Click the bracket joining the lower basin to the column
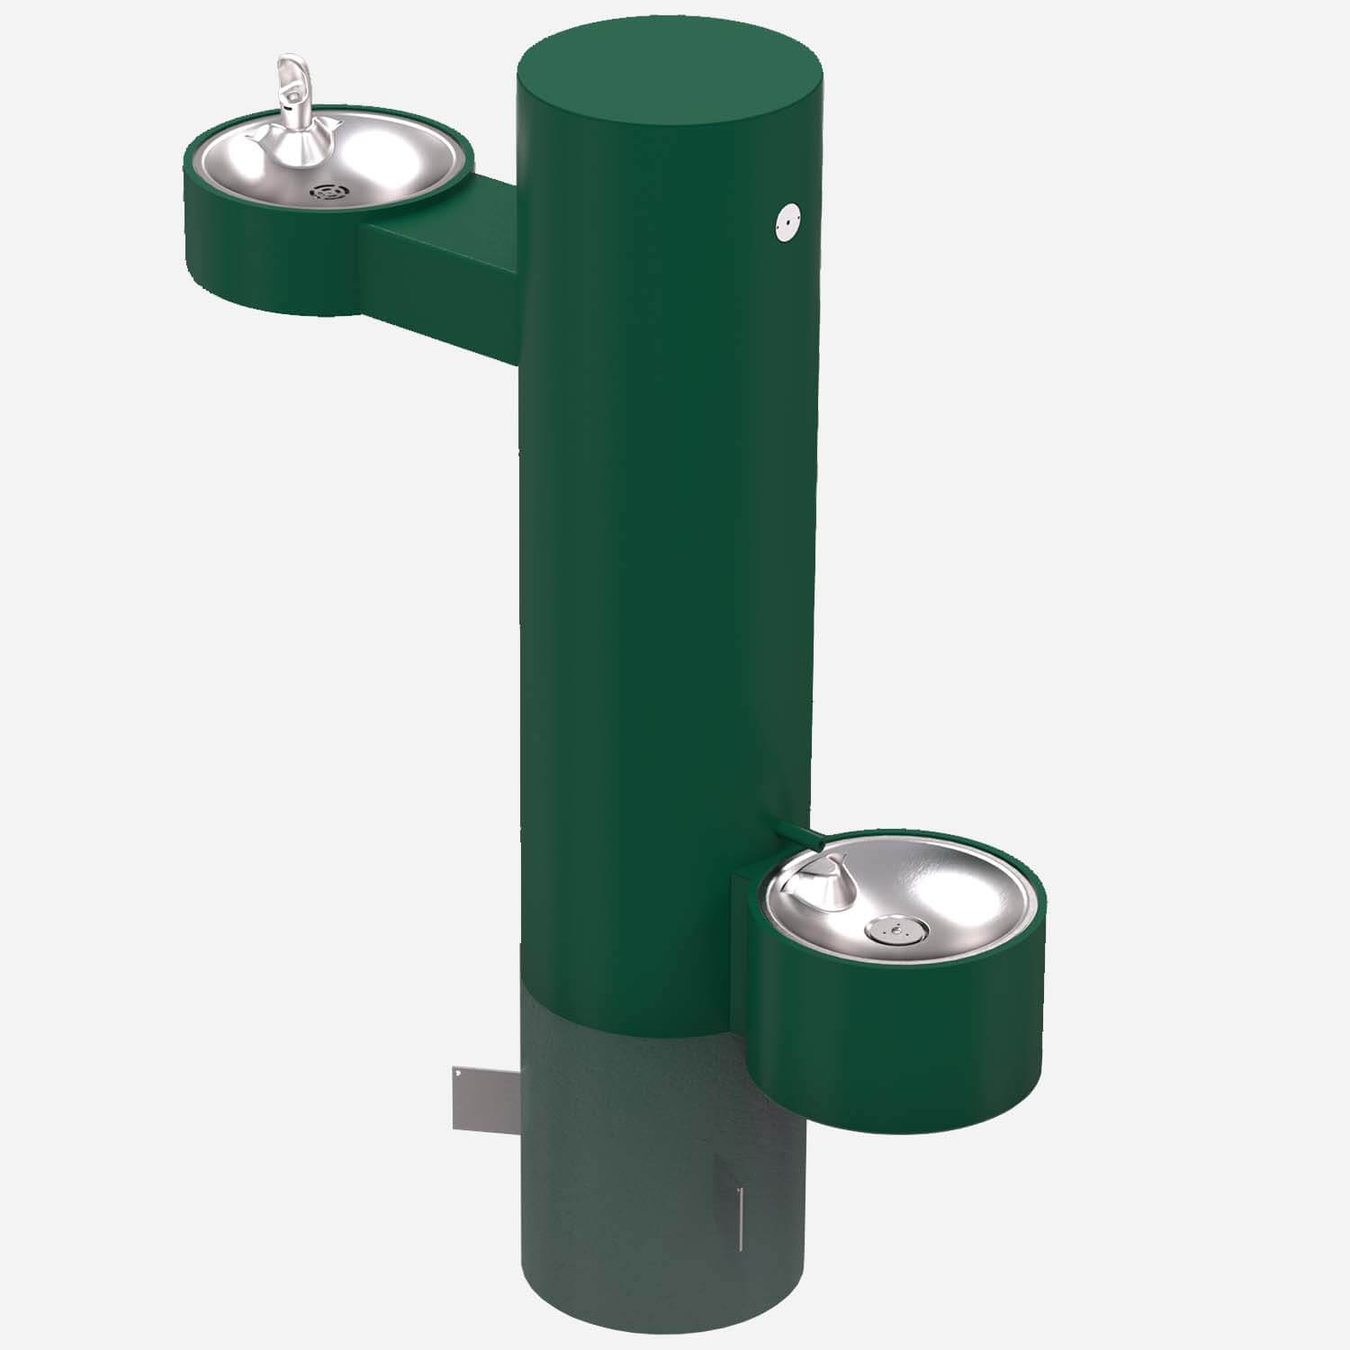point(747,909)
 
